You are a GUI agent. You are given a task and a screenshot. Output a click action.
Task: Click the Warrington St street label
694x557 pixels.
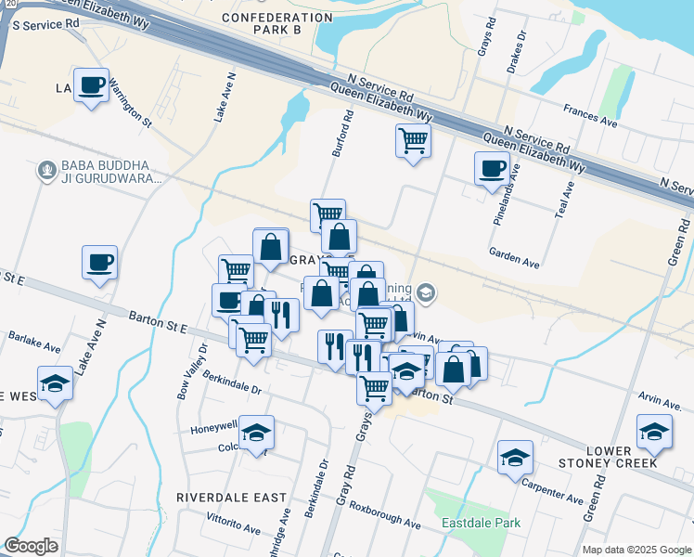[x=129, y=102]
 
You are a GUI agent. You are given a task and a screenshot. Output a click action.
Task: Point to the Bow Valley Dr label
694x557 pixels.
[x=192, y=370]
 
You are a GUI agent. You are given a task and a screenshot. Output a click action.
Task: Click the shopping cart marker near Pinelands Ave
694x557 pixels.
[x=413, y=141]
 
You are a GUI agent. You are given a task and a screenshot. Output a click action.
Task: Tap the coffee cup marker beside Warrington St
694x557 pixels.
[x=91, y=85]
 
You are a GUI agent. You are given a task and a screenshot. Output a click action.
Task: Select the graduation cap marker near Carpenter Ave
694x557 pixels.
[x=515, y=457]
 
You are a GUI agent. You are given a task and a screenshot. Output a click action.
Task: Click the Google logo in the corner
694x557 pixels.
[x=32, y=546]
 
